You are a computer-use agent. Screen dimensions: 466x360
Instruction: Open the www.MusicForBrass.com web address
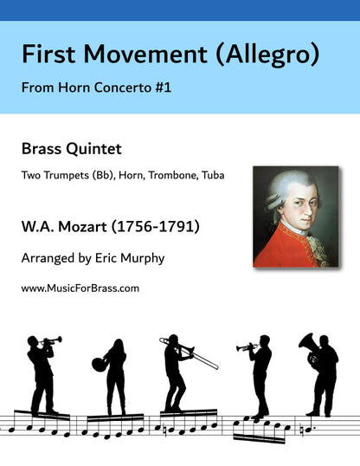coord(80,288)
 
